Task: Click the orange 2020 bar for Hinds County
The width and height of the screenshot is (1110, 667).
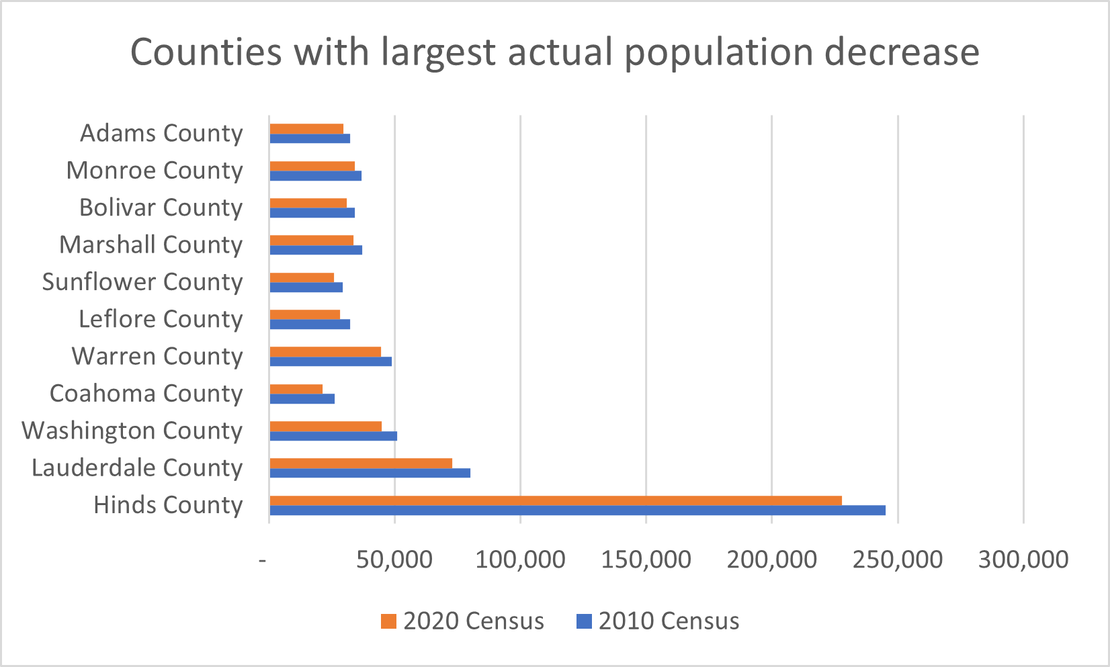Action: coord(555,500)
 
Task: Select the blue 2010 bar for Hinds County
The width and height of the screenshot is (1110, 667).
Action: coord(577,510)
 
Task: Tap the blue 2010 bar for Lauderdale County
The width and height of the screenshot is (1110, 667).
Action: coord(370,473)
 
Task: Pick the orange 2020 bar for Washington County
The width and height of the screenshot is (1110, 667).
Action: coord(325,426)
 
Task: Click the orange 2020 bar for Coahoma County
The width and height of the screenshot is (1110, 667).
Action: coord(296,389)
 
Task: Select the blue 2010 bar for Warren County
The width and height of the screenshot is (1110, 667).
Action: coord(330,361)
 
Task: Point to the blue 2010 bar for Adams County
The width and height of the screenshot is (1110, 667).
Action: coord(309,139)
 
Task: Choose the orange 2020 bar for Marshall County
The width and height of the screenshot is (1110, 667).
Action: coord(311,240)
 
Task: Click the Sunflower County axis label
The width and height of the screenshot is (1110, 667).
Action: coord(142,282)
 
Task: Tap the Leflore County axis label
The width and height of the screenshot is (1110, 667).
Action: coord(160,319)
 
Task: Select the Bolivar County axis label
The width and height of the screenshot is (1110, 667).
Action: coord(160,208)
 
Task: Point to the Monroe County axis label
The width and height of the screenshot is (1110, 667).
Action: coord(154,171)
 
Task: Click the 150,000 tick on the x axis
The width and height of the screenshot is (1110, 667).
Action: coord(646,560)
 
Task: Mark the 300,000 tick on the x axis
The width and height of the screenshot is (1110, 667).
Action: coord(1023,560)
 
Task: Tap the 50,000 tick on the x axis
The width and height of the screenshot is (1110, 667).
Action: coord(394,560)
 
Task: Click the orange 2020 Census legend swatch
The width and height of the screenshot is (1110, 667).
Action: coord(388,621)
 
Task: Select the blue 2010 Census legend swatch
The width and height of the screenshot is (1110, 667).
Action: coord(584,621)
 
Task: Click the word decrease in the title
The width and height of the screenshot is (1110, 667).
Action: coord(902,52)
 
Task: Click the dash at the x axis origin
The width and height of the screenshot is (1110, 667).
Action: coord(263,560)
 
